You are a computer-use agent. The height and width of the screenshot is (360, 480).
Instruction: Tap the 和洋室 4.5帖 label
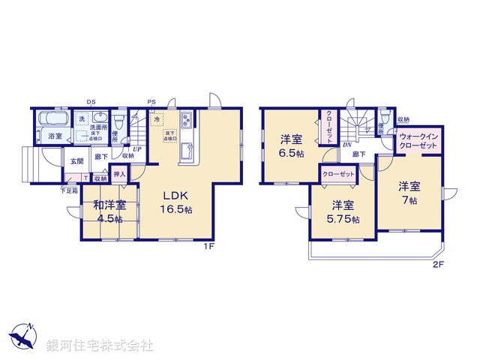pyautogui.click(x=110, y=212)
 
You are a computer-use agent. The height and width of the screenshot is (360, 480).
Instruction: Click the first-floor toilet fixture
pyautogui.click(x=118, y=122)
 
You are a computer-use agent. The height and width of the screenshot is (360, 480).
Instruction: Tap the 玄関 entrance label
pyautogui.click(x=77, y=161)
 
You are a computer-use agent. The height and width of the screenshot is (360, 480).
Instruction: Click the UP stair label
pyautogui.click(x=136, y=148)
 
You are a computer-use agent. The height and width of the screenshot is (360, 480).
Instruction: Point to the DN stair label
pyautogui.click(x=347, y=145)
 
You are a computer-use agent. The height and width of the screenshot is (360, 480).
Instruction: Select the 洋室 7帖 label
pyautogui.click(x=408, y=193)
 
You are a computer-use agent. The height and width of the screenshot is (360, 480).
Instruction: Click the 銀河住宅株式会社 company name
pyautogui.click(x=99, y=346)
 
